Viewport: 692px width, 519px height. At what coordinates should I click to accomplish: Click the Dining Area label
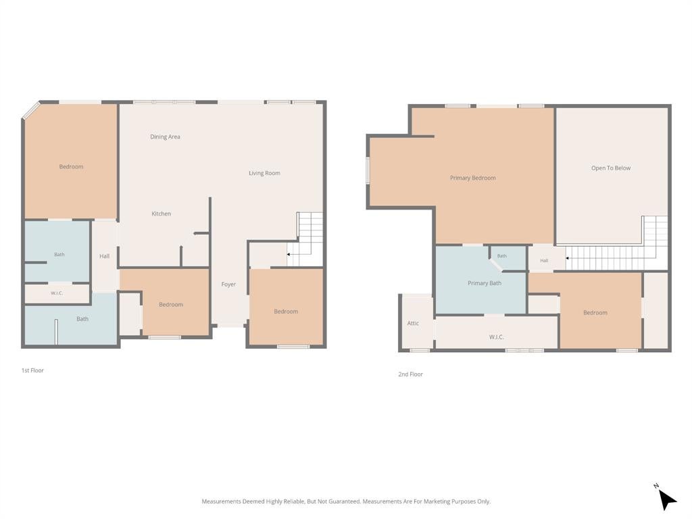[x=165, y=137]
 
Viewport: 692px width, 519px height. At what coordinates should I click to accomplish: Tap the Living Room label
[x=264, y=173]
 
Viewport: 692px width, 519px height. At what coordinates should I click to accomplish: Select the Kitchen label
[x=161, y=214]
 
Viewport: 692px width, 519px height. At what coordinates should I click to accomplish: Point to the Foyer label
[x=228, y=285]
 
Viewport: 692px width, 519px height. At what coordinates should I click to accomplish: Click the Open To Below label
[x=611, y=168]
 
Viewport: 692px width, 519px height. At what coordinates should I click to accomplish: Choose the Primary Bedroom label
[x=472, y=178]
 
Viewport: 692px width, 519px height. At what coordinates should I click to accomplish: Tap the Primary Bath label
[x=485, y=283]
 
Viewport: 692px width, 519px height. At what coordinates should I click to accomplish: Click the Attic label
[x=413, y=324]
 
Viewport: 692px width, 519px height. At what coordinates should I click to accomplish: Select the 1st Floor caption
[x=32, y=370]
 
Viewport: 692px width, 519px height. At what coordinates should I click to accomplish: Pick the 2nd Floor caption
[x=410, y=374]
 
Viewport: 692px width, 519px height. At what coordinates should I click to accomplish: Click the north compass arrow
[x=667, y=499]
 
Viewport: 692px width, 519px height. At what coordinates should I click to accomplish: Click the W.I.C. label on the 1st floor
[x=57, y=293]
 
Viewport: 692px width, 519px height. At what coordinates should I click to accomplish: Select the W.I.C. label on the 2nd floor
[x=497, y=337]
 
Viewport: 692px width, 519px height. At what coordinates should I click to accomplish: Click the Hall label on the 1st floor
[x=105, y=256]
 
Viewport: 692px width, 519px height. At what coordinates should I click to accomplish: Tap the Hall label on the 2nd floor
[x=544, y=261]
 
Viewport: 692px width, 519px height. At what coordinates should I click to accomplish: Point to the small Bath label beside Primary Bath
[x=502, y=256]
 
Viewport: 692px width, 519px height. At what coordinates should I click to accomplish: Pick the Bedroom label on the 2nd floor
[x=595, y=313]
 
